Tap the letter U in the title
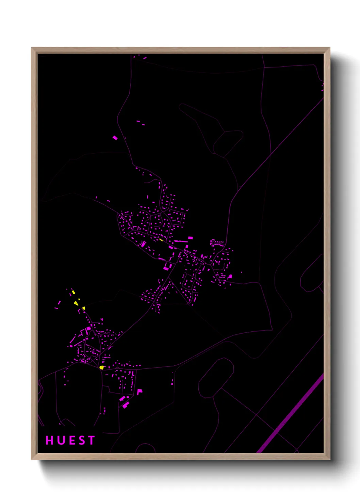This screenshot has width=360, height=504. pyautogui.click(x=60, y=440)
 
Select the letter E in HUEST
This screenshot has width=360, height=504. pyautogui.click(x=71, y=440)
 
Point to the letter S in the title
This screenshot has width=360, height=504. pyautogui.click(x=81, y=440)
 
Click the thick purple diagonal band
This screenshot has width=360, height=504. pyautogui.click(x=289, y=413)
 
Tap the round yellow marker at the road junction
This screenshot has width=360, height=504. pyautogui.click(x=101, y=367)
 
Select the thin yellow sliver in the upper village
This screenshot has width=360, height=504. pyautogui.click(x=161, y=240)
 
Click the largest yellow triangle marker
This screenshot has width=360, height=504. pyautogui.click(x=76, y=303)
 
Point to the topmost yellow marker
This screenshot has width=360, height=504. pyautogui.click(x=73, y=292)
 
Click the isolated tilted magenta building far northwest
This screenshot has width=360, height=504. pyautogui.click(x=115, y=138)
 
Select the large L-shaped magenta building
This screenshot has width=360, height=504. pyautogui.click(x=139, y=392)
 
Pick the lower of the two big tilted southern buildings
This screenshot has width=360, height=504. pyautogui.click(x=126, y=405)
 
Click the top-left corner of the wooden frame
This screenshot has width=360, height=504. pyautogui.click(x=32, y=48)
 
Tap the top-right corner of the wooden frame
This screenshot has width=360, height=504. pyautogui.click(x=330, y=48)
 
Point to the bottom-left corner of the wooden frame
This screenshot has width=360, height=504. pyautogui.click(x=32, y=459)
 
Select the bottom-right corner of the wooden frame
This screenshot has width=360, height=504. pyautogui.click(x=330, y=459)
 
